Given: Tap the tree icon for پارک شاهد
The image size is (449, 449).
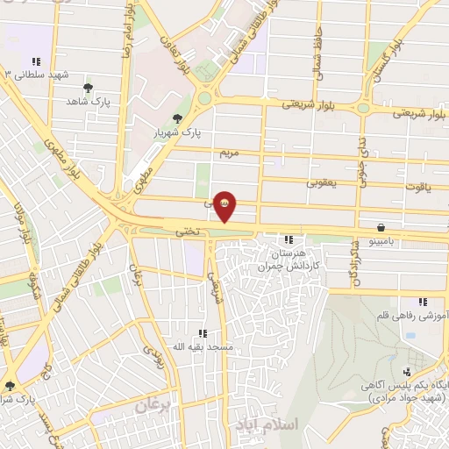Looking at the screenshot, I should [88, 88].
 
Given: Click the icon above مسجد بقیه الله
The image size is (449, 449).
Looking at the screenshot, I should [203, 333].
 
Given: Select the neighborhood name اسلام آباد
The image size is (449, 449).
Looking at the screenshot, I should [267, 424].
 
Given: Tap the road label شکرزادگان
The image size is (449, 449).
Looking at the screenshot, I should [355, 263].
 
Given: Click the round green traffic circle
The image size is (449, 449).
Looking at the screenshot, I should [205, 97].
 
